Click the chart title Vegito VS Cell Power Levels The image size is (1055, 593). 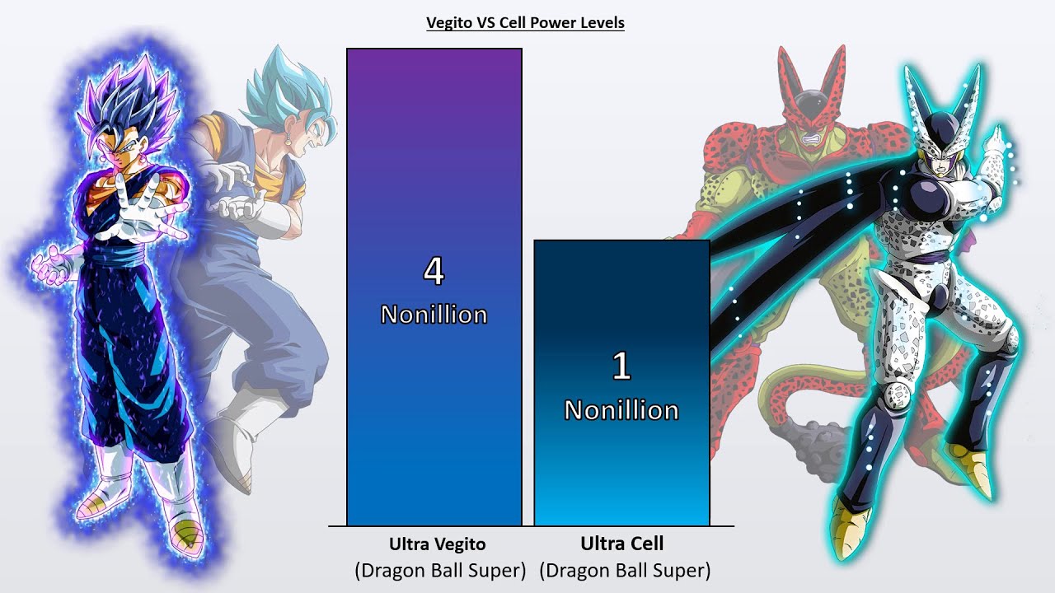tap(525, 23)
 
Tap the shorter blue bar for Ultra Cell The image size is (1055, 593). tap(621, 478)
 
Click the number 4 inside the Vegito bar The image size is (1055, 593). tap(434, 272)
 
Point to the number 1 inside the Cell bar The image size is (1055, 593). tap(621, 367)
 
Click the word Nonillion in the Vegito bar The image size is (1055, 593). tap(434, 315)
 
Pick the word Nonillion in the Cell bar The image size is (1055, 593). tap(621, 410)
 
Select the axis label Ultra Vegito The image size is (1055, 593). tap(437, 544)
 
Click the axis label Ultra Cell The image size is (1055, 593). tap(621, 544)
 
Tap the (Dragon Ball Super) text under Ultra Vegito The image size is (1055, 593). tap(440, 570)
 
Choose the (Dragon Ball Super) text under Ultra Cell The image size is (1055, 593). tap(625, 570)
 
